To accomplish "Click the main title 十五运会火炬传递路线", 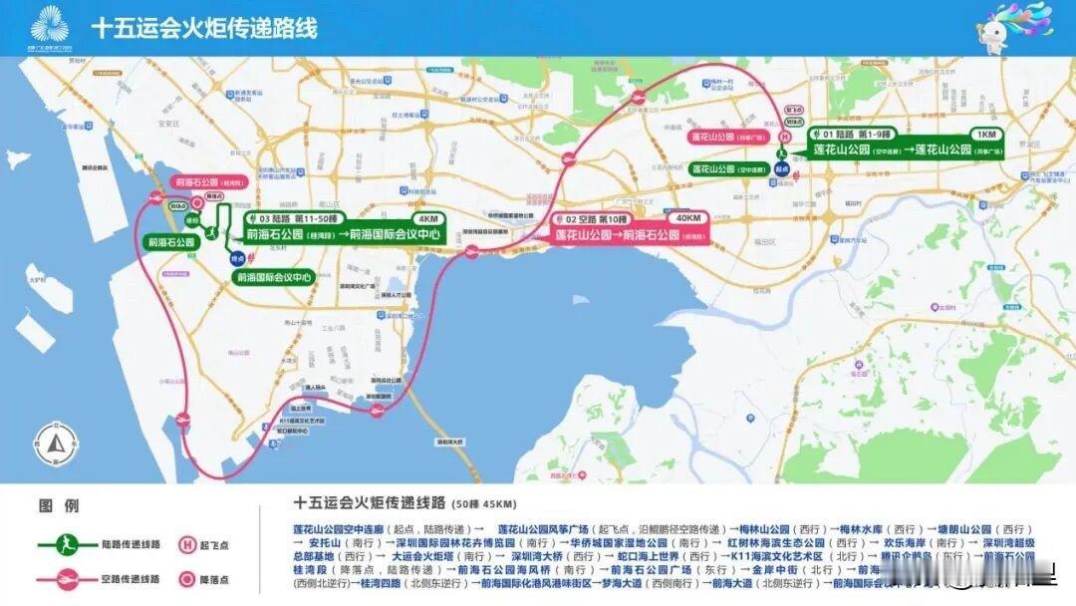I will coord(204,27).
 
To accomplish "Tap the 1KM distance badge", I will coord(986,134).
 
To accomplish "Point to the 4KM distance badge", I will coord(428,218).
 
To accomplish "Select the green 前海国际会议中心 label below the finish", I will coord(273,277).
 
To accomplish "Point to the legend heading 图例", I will coord(52,505).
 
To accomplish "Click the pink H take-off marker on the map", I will coord(784,137).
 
